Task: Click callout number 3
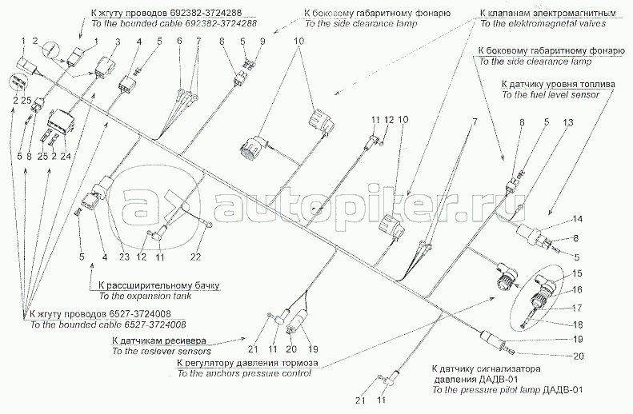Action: coord(118,41)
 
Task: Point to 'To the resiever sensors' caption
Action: coord(161,351)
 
